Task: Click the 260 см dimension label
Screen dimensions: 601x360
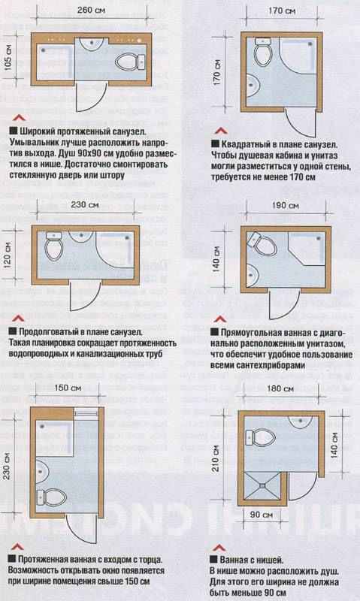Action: [x=90, y=11]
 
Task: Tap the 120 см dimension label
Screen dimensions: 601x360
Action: [x=8, y=256]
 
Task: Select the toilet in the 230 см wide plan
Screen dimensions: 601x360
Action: [x=53, y=245]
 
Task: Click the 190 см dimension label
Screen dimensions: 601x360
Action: [x=281, y=204]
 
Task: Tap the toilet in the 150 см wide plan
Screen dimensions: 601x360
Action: [x=53, y=495]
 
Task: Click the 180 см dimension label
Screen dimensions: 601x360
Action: [x=281, y=390]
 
